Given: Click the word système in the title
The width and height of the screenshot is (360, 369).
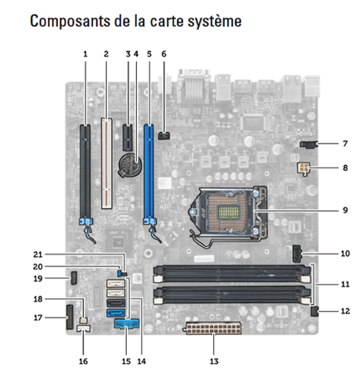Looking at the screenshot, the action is coord(215,22).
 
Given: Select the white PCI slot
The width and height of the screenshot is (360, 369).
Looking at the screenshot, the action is coord(106,163).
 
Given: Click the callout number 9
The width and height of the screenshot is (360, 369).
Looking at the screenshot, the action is coord(345,211).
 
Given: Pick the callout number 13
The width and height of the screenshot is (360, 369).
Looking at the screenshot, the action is coord(214,362).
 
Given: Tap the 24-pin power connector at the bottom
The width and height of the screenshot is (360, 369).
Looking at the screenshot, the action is coord(213,328).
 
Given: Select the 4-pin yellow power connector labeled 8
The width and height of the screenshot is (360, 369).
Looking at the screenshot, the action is coord(304,168).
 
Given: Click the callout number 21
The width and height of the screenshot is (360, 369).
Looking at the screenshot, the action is coord(37,255).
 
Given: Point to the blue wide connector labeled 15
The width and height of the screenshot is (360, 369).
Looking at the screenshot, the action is coord(127,323).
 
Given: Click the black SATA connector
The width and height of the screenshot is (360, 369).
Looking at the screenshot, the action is coord(115,303).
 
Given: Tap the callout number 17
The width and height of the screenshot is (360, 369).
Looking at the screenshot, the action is coord(38,318).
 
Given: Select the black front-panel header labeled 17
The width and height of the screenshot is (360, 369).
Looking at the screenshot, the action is coord(70,318).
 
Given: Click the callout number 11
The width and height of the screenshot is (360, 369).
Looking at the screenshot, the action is coord(345,284).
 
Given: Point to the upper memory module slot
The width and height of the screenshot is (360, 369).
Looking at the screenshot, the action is coord(231,274).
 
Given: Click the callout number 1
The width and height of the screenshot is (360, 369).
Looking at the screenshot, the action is coord(85,54).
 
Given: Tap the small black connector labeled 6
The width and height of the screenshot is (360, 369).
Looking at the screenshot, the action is coord(165,136).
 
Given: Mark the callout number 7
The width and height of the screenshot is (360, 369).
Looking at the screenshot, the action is coord(345,143).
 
